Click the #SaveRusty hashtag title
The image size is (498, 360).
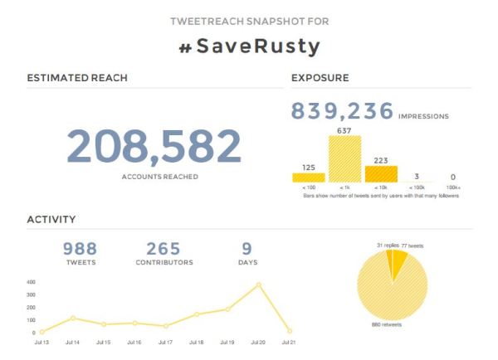click(x=249, y=46)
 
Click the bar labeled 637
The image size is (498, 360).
click(x=345, y=158)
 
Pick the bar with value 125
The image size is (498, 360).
click(x=309, y=177)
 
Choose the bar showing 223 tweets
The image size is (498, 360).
click(x=382, y=173)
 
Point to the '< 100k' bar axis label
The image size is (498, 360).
click(x=417, y=188)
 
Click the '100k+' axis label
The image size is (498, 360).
click(x=452, y=188)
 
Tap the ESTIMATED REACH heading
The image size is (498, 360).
click(x=77, y=79)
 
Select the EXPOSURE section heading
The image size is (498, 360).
click(x=320, y=79)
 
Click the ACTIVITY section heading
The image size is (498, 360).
click(x=51, y=220)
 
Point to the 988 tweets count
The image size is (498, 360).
click(x=81, y=248)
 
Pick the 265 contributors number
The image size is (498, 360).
click(x=164, y=248)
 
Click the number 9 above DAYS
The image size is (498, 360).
click(x=247, y=248)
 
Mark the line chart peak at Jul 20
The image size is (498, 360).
click(x=259, y=285)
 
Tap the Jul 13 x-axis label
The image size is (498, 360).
click(x=41, y=342)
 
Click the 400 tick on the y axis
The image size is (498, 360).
click(x=30, y=283)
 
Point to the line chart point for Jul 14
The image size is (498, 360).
click(x=72, y=318)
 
